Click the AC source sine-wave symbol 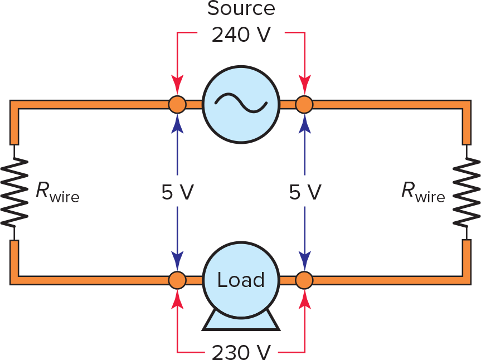pos(241,104)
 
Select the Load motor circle pos(241,280)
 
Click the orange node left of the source pos(177,104)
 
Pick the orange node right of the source pos(304,104)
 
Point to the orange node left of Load pos(177,280)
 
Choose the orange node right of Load pos(304,280)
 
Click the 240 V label pos(241,35)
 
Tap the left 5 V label pos(177,192)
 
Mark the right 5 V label pos(305,192)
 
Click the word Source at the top pos(241,9)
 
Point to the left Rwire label pos(57,192)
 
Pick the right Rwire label pos(423,192)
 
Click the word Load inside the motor pos(241,280)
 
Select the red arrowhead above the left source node pos(177,86)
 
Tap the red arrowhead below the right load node pos(304,298)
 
